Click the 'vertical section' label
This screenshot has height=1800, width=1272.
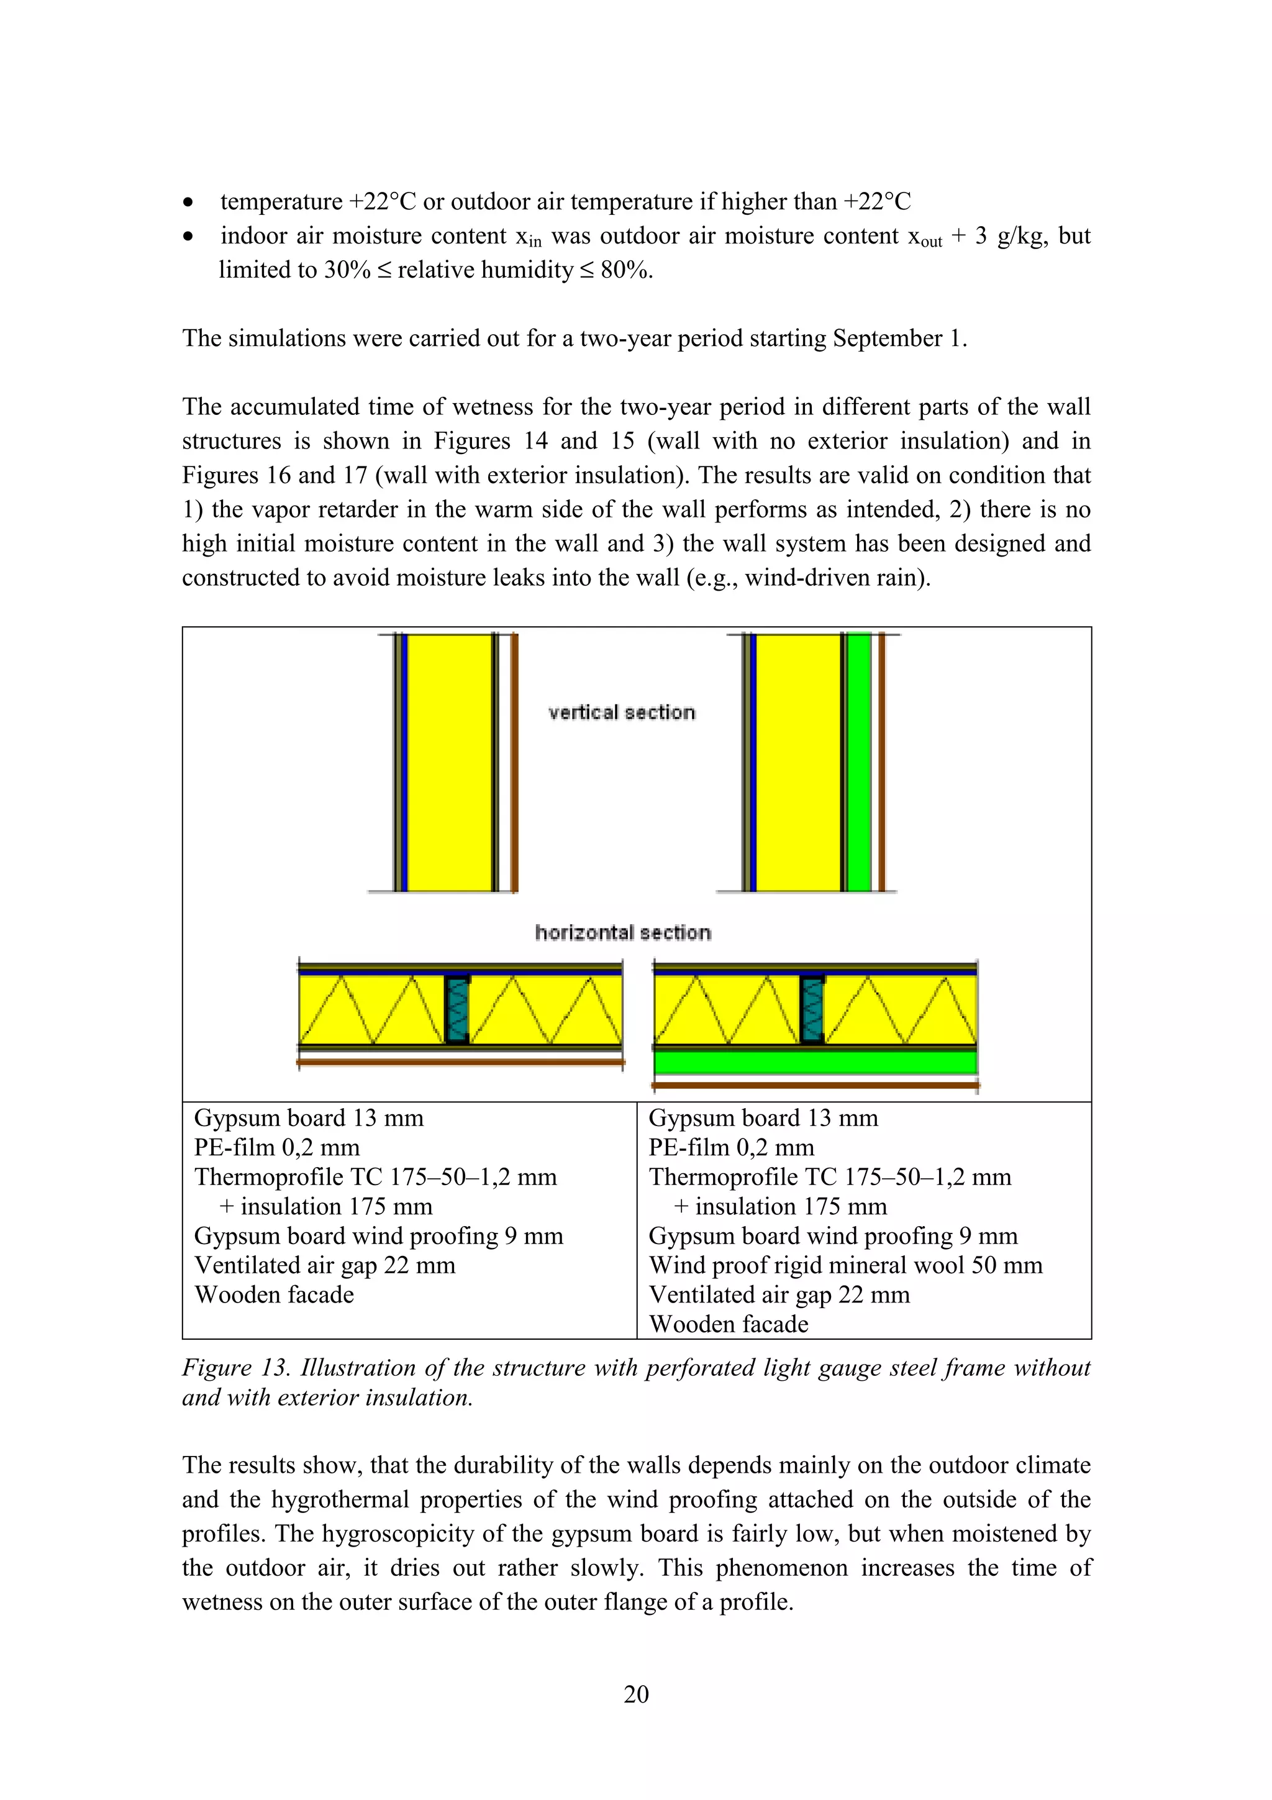[622, 712]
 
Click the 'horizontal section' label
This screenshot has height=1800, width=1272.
[623, 932]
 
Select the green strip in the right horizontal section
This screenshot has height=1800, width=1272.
[815, 1062]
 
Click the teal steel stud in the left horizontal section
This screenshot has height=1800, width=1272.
[457, 1010]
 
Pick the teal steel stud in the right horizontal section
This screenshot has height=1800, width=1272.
[813, 1010]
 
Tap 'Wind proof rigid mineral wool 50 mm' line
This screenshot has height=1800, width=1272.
[845, 1265]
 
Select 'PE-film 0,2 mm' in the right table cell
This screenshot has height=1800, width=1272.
[730, 1147]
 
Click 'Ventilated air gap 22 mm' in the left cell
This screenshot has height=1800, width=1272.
[324, 1265]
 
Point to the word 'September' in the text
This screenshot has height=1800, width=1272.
[886, 338]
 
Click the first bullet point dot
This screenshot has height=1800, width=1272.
[188, 203]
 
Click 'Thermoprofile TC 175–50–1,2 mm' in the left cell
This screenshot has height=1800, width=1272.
[375, 1177]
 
